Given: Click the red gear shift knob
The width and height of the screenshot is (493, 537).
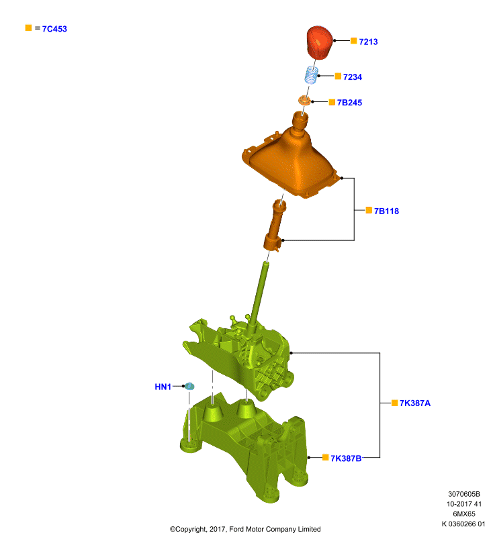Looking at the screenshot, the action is click(319, 42).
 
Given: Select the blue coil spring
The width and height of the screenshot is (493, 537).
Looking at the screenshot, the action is click(312, 75).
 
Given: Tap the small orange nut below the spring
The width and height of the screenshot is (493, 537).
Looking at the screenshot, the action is click(304, 101).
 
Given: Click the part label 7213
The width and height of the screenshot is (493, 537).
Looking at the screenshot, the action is click(368, 42).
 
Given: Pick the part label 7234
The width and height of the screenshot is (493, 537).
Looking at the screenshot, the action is click(353, 77).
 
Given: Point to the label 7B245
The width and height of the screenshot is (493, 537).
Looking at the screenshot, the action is click(349, 103).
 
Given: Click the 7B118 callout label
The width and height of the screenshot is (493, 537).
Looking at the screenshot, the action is click(386, 211).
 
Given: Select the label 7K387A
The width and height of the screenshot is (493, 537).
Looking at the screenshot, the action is click(415, 403).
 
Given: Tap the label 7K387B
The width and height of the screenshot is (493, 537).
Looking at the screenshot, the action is click(346, 458).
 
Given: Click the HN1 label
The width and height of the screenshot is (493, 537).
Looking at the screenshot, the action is click(163, 387).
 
